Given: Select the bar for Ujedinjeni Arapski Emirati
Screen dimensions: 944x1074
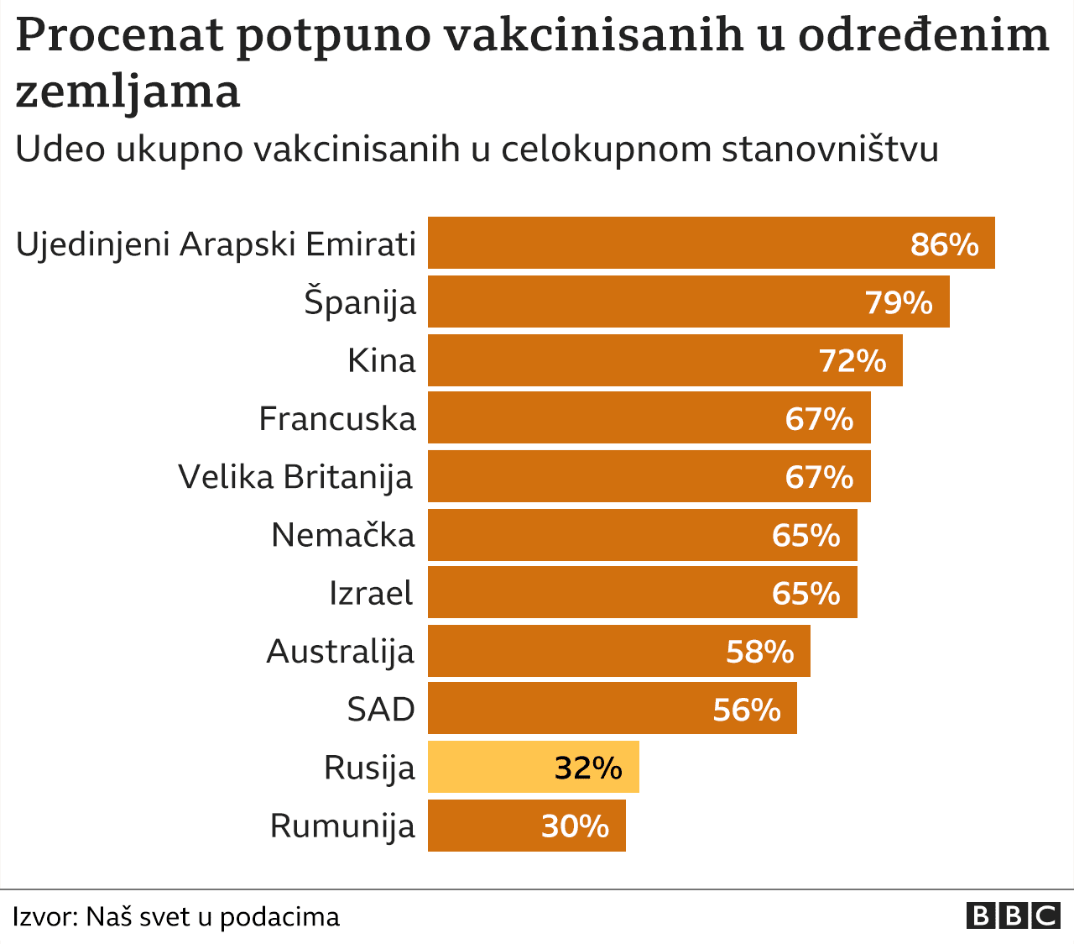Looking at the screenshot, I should [654, 243].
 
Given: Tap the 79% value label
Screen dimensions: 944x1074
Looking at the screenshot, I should [899, 302].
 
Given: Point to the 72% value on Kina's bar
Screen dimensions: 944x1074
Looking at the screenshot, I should [852, 361].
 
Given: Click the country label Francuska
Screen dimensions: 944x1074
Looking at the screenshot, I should [337, 418].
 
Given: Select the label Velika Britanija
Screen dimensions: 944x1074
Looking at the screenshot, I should [295, 477].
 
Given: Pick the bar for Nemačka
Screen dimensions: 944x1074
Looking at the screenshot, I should [587, 535].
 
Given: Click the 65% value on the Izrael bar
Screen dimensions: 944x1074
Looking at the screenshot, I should [805, 594].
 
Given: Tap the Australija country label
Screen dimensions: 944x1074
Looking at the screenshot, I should [341, 651].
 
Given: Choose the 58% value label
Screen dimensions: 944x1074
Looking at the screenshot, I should [759, 652].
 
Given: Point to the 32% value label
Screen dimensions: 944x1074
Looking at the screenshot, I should [588, 768].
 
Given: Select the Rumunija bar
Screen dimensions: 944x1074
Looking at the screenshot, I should [478, 826].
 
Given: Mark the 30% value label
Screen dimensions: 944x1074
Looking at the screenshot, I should [575, 826].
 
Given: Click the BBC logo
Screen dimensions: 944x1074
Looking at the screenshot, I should [1013, 915].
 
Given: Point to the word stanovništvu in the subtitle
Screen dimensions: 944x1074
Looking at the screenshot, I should [829, 149].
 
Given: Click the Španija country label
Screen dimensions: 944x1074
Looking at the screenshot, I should [360, 302].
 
